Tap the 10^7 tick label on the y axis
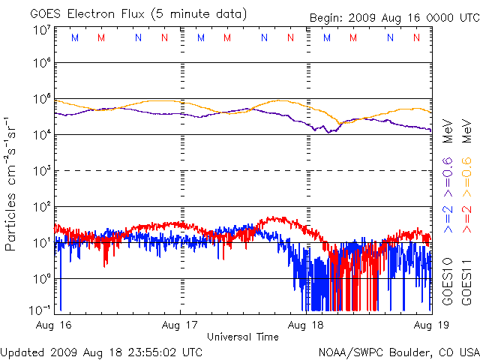41,31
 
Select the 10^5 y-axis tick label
41,99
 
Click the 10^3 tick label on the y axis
41,171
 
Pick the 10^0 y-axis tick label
41,279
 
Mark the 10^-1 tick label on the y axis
40,309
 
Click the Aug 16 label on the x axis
54,325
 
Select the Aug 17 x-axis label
181,325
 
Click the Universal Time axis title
242,337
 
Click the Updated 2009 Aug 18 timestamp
101,351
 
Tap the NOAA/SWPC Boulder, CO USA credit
398,351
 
